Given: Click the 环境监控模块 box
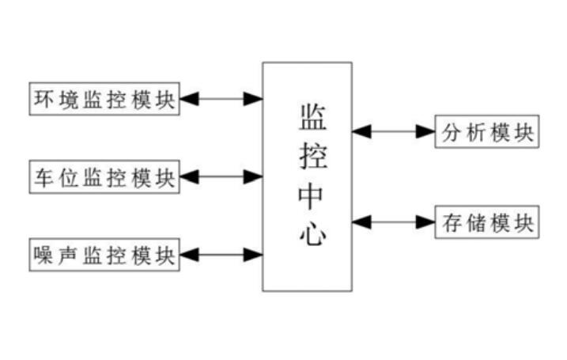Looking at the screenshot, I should pos(104,99).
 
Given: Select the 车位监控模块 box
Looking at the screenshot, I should pos(104,176).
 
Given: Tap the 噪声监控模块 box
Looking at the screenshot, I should pos(104,255).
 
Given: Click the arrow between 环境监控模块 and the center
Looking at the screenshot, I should pos(221,99).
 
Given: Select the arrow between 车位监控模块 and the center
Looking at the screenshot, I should pos(221,176).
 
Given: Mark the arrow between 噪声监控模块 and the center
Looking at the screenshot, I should pos(221,255).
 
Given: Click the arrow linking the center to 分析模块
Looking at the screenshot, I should pos(394,131).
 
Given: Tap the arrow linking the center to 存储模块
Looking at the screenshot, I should pos(394,222).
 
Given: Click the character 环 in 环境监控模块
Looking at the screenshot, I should pos(43,99).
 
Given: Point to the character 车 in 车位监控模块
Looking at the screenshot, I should pos(43,176).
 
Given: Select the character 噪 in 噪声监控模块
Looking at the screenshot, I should pos(43,255).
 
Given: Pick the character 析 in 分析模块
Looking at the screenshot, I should pos(474,131).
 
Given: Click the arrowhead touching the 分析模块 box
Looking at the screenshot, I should pos(427,131).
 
